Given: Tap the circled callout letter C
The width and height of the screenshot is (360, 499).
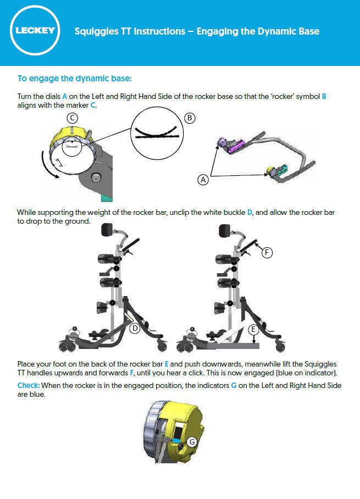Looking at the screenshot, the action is (72, 118).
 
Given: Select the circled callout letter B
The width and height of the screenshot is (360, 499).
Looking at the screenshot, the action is (190, 118).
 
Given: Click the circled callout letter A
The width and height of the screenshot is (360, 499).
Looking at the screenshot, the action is (203, 180).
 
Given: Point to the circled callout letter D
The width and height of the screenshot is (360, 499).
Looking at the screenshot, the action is (135, 328).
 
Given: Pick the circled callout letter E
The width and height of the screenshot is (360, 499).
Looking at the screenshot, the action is (253, 329).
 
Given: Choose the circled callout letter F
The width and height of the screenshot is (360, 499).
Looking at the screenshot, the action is (267, 253).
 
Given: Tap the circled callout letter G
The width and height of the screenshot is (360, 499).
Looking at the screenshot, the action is (192, 442).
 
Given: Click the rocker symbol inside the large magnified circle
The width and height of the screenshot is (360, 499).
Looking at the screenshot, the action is (157, 132).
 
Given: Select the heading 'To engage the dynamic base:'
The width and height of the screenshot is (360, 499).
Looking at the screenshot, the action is (75, 78).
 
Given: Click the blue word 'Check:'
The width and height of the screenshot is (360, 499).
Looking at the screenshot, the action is (29, 385).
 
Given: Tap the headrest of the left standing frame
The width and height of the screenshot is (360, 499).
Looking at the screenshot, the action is (107, 230).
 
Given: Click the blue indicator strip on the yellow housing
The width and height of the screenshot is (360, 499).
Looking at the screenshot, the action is (175, 441).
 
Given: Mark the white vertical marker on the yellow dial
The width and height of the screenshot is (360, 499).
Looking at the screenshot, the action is (72, 131).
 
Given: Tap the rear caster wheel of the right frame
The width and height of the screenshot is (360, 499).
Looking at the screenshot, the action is (280, 346).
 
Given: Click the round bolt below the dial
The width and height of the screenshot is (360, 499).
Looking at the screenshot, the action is (95, 178).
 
